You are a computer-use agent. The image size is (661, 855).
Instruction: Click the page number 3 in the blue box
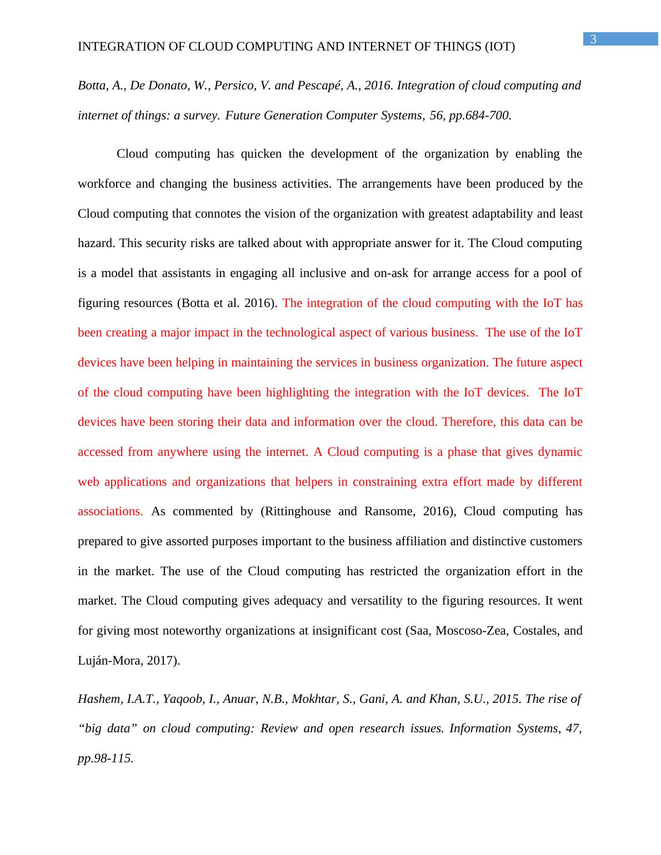pos(593,39)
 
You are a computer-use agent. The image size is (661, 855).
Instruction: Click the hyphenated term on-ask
pos(395,273)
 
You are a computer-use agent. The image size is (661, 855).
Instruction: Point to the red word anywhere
pos(182,452)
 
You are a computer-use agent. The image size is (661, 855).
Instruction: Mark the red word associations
pos(110,511)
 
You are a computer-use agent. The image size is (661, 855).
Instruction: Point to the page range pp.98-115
pos(105,758)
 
